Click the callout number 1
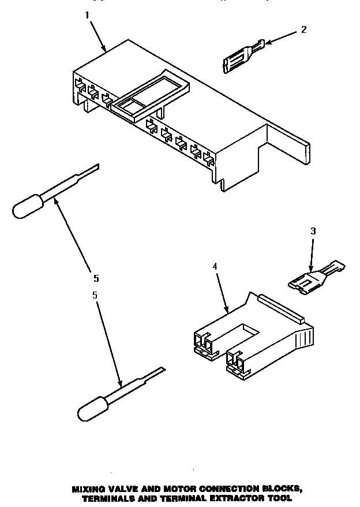coord(88,16)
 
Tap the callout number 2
coord(304,29)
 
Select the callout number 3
coord(313,231)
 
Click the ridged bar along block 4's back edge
coord(283,307)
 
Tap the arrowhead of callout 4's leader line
coord(229,311)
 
